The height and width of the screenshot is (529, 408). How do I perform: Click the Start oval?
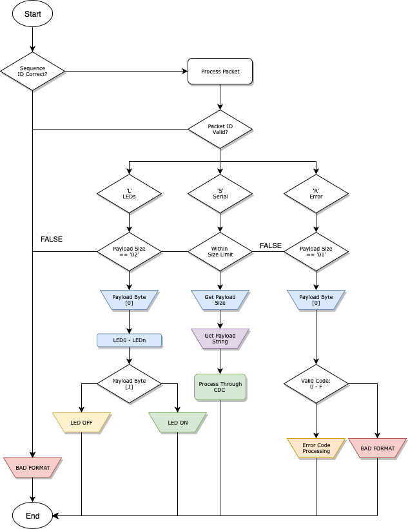pyautogui.click(x=32, y=14)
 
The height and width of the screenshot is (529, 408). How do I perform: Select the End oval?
pyautogui.click(x=32, y=515)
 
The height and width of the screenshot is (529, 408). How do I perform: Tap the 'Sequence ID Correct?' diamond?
pyautogui.click(x=33, y=71)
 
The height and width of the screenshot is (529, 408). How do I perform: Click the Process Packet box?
pyautogui.click(x=220, y=72)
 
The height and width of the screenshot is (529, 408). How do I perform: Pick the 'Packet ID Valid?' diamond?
pyautogui.click(x=220, y=129)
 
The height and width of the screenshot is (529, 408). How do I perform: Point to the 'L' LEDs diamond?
pyautogui.click(x=129, y=193)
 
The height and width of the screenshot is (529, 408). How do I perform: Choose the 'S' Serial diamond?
pyautogui.click(x=220, y=193)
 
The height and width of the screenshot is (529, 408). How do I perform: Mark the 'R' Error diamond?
pyautogui.click(x=316, y=193)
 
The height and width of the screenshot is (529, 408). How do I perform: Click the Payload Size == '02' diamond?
pyautogui.click(x=129, y=251)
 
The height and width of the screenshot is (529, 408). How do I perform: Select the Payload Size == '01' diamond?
pyautogui.click(x=316, y=251)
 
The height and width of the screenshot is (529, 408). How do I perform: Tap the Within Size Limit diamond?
pyautogui.click(x=220, y=251)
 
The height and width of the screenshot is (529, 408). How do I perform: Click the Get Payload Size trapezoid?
pyautogui.click(x=220, y=300)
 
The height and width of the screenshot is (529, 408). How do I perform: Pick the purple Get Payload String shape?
pyautogui.click(x=220, y=338)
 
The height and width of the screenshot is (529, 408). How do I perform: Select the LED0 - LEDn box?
pyautogui.click(x=129, y=340)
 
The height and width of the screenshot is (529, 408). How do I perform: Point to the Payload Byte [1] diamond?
pyautogui.click(x=129, y=383)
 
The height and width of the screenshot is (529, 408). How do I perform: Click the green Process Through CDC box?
pyautogui.click(x=220, y=387)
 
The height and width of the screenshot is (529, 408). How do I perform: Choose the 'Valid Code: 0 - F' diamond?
pyautogui.click(x=316, y=383)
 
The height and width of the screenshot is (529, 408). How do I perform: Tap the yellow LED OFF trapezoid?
pyautogui.click(x=81, y=423)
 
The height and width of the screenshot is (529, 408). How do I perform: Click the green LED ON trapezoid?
pyautogui.click(x=177, y=423)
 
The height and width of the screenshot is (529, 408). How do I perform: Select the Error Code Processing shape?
pyautogui.click(x=316, y=448)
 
